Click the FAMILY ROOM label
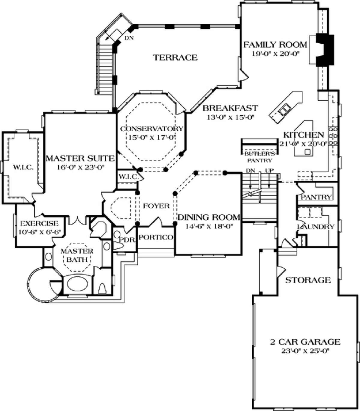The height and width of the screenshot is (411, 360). click(x=275, y=45)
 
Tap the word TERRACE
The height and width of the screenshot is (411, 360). click(x=175, y=58)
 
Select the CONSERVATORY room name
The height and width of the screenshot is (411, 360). click(x=152, y=129)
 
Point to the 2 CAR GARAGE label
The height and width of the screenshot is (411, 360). click(x=305, y=342)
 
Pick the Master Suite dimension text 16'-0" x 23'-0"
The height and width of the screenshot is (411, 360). click(x=80, y=167)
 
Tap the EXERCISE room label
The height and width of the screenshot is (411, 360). click(x=39, y=223)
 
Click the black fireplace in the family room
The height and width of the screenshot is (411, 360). click(x=325, y=50)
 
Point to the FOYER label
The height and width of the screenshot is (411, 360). click(x=156, y=206)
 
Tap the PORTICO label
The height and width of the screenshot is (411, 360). click(x=156, y=237)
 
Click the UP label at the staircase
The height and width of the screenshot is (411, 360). click(x=269, y=171)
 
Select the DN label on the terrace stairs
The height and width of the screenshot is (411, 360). click(x=129, y=38)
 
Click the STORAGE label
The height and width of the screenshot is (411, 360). click(x=308, y=280)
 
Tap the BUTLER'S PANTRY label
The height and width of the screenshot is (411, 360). click(x=259, y=157)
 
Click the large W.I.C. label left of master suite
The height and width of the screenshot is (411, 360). click(x=23, y=167)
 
